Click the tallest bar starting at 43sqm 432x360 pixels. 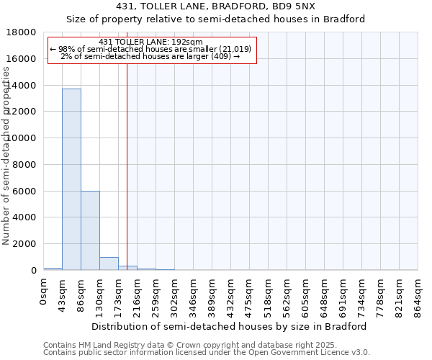click(x=71, y=179)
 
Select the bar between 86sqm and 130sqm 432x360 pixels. click(x=90, y=230)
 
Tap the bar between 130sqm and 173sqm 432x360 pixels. click(x=109, y=264)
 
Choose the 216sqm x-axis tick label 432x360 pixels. click(x=138, y=295)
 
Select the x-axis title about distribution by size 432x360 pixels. click(x=230, y=326)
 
